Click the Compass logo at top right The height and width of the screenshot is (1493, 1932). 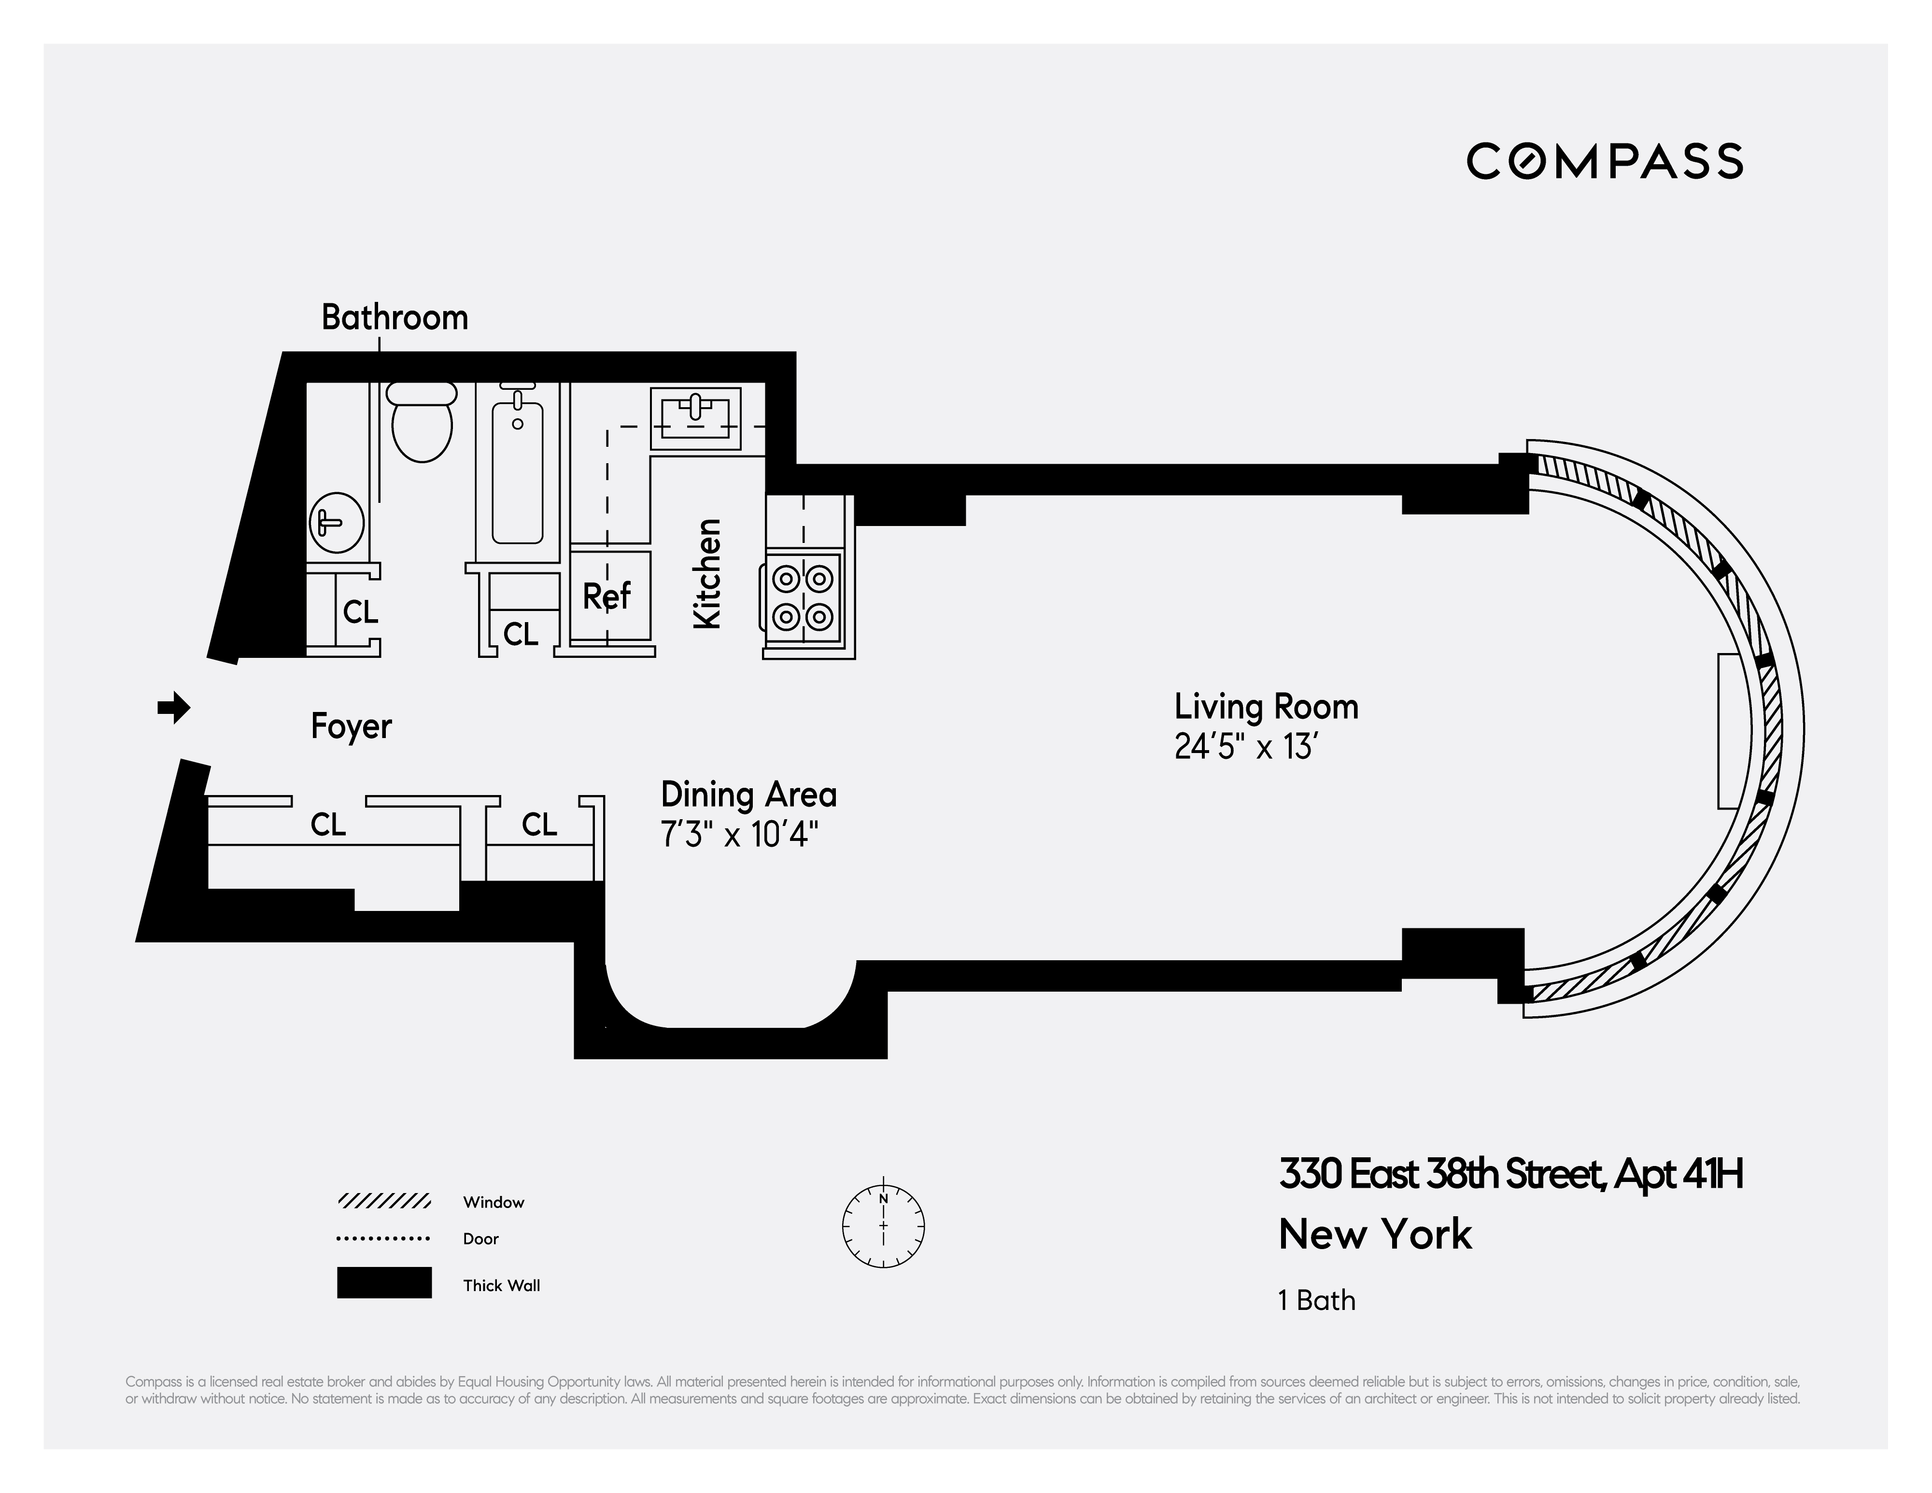1604,161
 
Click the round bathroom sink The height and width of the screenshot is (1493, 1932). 336,522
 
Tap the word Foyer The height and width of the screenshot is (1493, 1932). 351,726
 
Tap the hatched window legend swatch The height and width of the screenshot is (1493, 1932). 384,1201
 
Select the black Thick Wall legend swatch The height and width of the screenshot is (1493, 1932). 384,1282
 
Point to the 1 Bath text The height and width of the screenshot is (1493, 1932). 1316,1300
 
